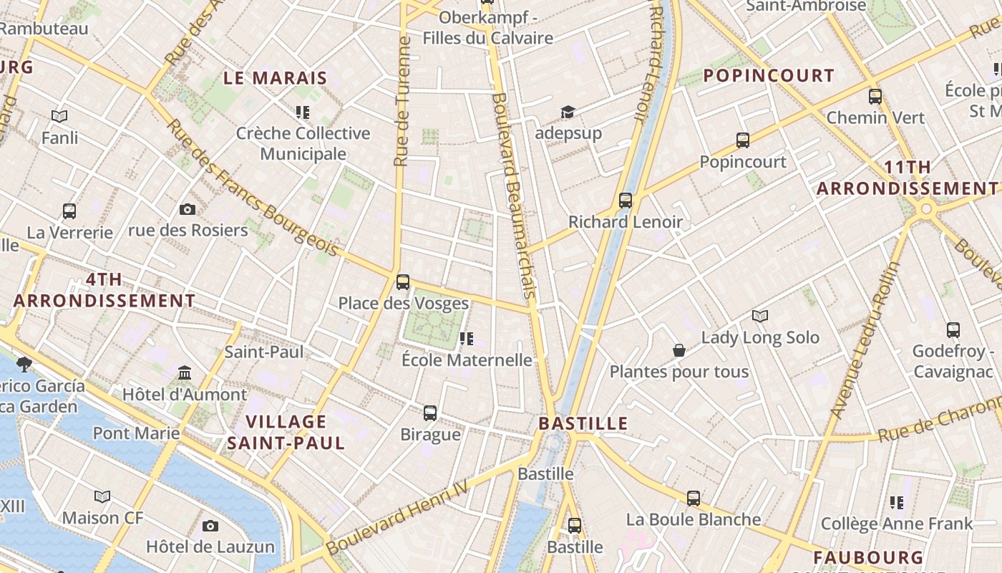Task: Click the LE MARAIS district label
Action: click(x=276, y=78)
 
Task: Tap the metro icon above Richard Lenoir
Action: click(x=626, y=201)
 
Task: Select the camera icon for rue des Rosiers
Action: click(x=188, y=209)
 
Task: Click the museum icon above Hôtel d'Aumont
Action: click(x=185, y=373)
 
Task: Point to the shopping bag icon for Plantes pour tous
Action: click(x=678, y=350)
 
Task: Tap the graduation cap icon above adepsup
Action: click(x=568, y=112)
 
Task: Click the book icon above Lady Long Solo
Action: click(x=760, y=316)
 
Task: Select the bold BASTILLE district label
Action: click(x=583, y=423)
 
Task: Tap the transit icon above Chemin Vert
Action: click(x=875, y=97)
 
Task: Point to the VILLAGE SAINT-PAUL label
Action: click(x=286, y=432)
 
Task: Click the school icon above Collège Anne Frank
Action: click(x=896, y=503)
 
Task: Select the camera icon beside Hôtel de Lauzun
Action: click(x=210, y=526)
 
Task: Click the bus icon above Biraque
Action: click(x=429, y=413)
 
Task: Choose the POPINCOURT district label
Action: click(x=769, y=75)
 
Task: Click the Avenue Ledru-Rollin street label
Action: click(x=865, y=340)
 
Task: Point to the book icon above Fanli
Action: click(x=59, y=116)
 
